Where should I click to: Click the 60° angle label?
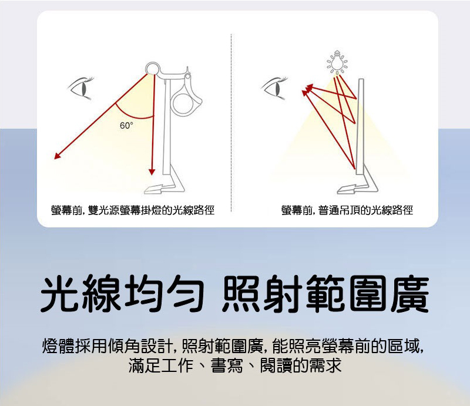coord(126,125)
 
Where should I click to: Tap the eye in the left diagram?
coord(80,88)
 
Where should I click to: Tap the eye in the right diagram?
coord(274,88)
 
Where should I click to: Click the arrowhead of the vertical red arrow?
coord(152,172)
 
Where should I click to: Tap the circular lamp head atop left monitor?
coord(153,69)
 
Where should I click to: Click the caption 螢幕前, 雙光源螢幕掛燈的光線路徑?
coord(133,210)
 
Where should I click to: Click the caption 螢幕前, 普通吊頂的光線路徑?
coord(347,210)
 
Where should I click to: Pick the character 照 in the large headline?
coord(242,293)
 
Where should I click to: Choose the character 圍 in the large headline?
coord(367,293)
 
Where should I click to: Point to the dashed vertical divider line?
coord(231,123)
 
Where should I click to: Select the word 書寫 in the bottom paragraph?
coord(227,365)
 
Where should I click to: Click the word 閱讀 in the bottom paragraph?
coord(276,365)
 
